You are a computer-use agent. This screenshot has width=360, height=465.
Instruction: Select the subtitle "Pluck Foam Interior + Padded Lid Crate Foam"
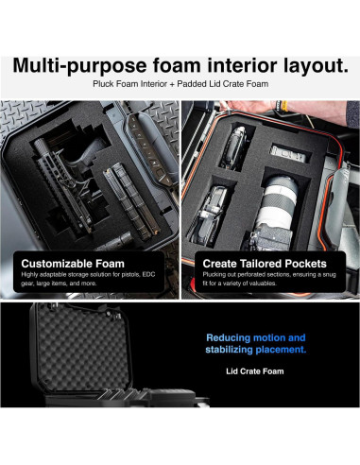[x=180, y=85]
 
